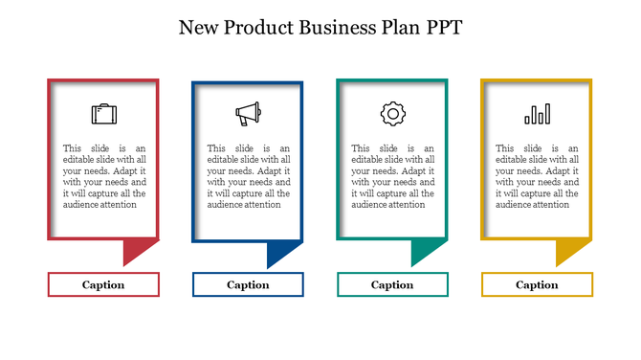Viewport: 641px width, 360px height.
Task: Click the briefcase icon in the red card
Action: (103, 114)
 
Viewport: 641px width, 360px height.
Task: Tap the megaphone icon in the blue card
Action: (248, 114)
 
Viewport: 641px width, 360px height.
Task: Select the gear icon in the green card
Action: (392, 114)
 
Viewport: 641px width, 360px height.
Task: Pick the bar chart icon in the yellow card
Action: (537, 115)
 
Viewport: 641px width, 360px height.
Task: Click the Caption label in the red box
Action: (103, 284)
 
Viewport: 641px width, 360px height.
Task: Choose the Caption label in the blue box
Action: (248, 284)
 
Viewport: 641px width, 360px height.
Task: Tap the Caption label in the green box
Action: (392, 284)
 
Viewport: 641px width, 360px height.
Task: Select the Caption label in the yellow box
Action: (537, 284)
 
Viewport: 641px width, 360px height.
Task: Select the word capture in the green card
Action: (390, 193)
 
